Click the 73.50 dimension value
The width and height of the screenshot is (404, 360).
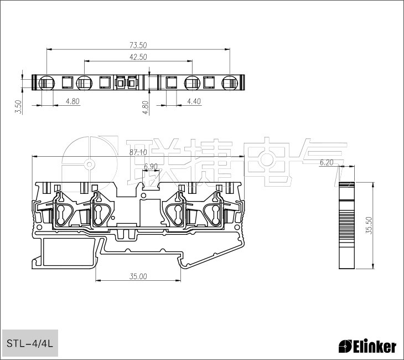[138, 45]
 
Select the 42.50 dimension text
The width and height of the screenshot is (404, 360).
[138, 57]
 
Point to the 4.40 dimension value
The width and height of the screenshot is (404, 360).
[194, 101]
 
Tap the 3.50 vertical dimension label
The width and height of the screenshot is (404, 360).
[18, 107]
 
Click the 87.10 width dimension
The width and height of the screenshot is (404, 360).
[138, 153]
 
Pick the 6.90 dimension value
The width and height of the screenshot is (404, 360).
[151, 166]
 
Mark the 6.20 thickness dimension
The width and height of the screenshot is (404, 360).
[327, 162]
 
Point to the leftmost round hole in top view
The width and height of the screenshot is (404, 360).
[45, 83]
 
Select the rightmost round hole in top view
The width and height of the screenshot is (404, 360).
[229, 83]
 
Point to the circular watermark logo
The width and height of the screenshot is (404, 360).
[89, 164]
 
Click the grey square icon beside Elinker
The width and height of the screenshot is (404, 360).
[345, 347]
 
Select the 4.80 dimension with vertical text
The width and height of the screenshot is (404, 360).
[146, 107]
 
